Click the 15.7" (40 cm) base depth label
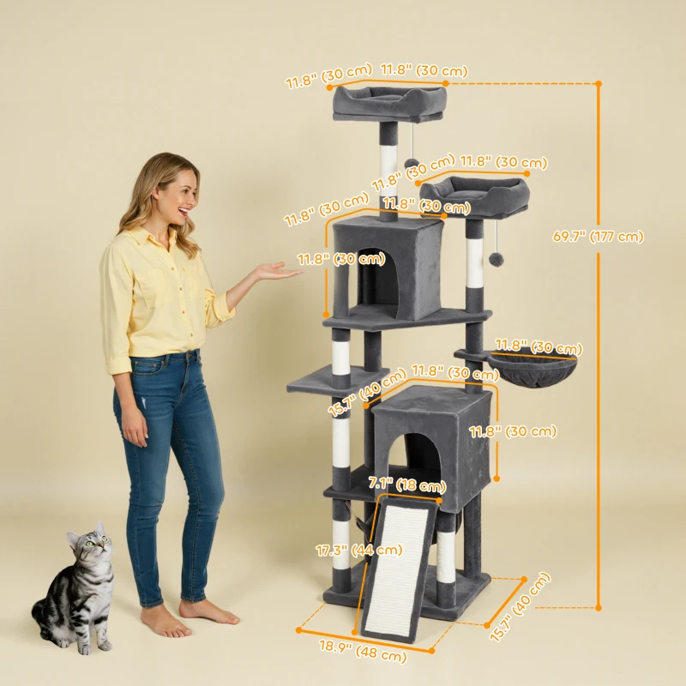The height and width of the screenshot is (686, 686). (x=520, y=609)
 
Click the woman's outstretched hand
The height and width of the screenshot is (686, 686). (x=277, y=273)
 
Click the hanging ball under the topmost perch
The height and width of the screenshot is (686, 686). (x=412, y=163)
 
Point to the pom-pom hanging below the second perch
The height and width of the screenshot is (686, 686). (x=496, y=258)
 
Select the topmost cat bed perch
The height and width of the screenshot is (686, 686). (x=390, y=100)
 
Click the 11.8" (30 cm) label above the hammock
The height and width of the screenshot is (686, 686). (x=539, y=348)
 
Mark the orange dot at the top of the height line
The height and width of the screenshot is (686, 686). (x=599, y=83)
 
